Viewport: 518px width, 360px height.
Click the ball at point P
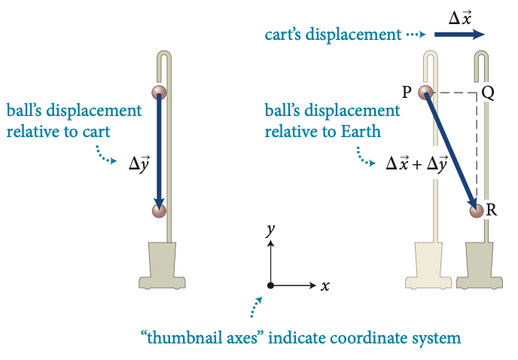click(x=425, y=93)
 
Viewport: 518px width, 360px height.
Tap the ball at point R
click(x=477, y=211)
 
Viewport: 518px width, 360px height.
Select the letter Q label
click(x=488, y=93)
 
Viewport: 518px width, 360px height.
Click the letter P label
click(x=407, y=93)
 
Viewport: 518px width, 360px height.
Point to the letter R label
click(x=492, y=210)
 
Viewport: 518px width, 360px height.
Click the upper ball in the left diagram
click(x=159, y=93)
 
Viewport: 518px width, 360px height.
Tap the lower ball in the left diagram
click(x=159, y=211)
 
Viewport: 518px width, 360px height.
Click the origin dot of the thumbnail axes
click(x=270, y=285)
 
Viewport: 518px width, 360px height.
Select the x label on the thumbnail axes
click(x=325, y=286)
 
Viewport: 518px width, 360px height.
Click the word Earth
click(x=361, y=132)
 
